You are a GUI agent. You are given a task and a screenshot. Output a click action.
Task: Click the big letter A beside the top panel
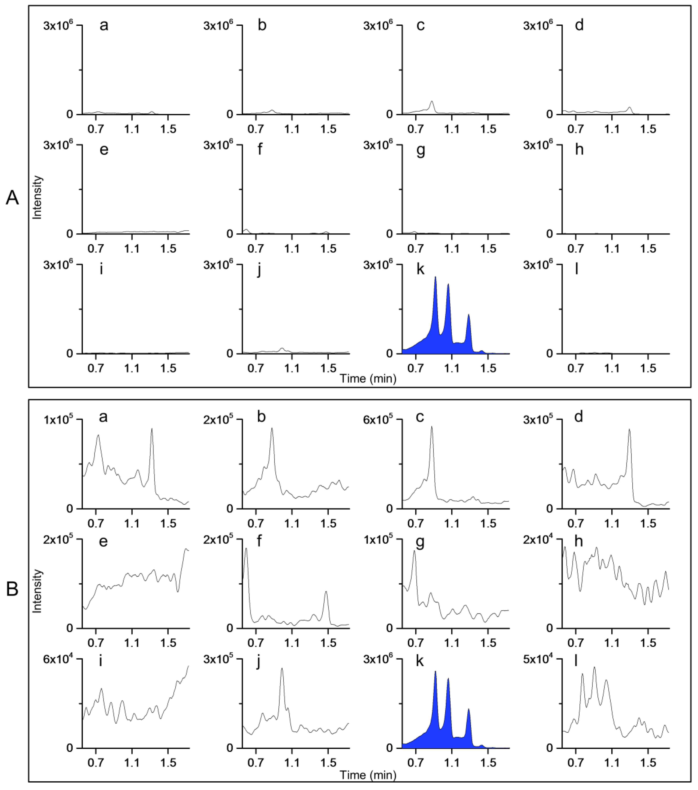click(x=12, y=198)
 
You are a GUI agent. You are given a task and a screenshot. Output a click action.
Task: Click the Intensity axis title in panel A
click(x=37, y=197)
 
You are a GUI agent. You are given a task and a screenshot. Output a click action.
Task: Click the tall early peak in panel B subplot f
click(x=246, y=550)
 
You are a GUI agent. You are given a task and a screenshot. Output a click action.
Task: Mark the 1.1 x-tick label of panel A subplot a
click(x=132, y=129)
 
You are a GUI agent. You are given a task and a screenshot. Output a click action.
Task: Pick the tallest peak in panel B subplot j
click(x=282, y=669)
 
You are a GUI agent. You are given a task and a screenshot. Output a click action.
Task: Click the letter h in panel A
click(x=579, y=149)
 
